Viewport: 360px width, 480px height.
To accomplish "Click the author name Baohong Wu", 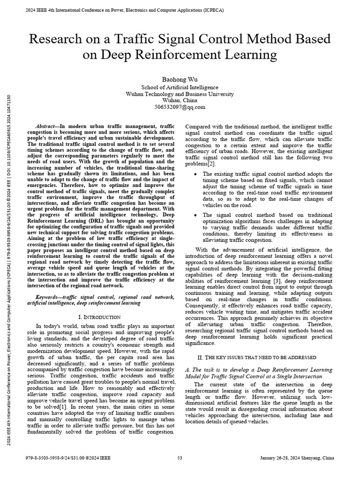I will (180, 78).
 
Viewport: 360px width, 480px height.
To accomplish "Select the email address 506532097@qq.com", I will (180, 107).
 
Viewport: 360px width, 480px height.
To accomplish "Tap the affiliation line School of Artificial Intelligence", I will (180, 88).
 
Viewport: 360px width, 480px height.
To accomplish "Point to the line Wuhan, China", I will (180, 101).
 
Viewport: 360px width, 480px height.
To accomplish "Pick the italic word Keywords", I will (48, 297).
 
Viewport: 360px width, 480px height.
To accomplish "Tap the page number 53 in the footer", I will (180, 458).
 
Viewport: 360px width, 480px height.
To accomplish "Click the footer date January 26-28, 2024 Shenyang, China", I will (297, 458).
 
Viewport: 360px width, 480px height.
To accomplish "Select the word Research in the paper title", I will (52, 39).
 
